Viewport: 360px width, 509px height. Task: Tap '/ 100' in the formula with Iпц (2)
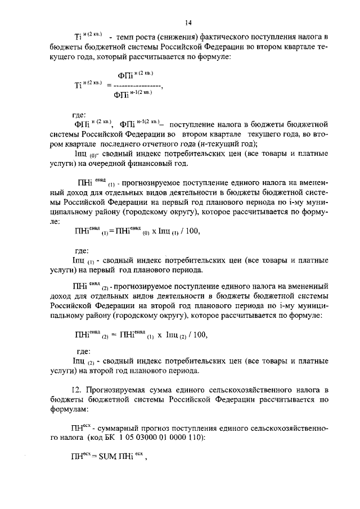(197, 335)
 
